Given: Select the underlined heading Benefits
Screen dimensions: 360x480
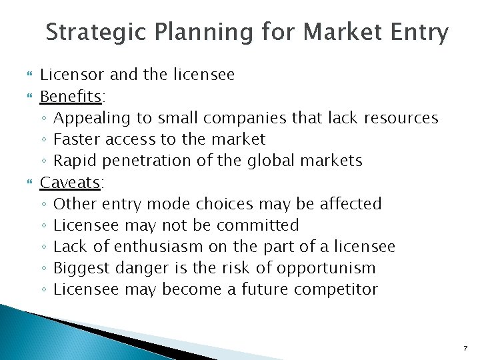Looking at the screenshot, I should (71, 97).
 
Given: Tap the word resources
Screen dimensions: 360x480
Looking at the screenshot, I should (401, 119).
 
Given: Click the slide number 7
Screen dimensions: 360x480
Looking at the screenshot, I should (465, 348).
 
